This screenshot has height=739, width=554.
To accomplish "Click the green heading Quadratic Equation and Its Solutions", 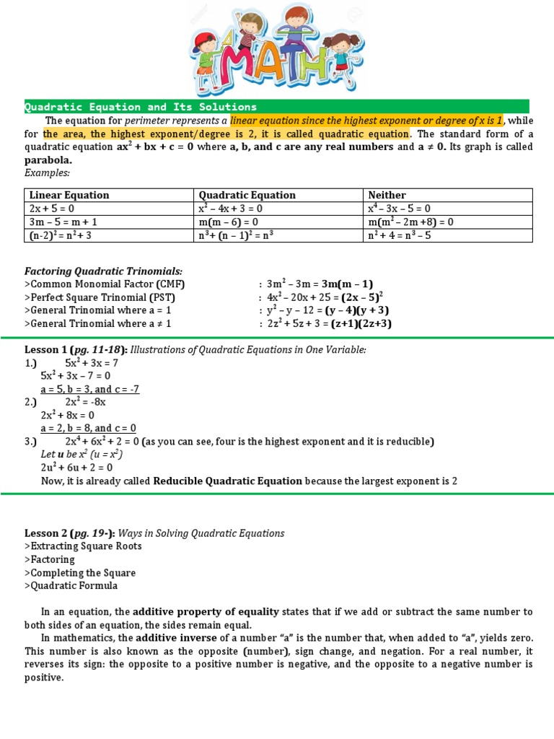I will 141,107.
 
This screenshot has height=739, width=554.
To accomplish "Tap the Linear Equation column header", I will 69,195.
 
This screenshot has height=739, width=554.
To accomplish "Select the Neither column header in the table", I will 387,195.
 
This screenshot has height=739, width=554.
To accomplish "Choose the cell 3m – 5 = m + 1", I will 64,222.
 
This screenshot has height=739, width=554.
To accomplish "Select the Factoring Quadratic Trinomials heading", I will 103,271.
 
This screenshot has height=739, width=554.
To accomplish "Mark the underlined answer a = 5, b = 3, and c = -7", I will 90,389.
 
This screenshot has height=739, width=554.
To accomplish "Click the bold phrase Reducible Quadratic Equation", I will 228,481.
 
